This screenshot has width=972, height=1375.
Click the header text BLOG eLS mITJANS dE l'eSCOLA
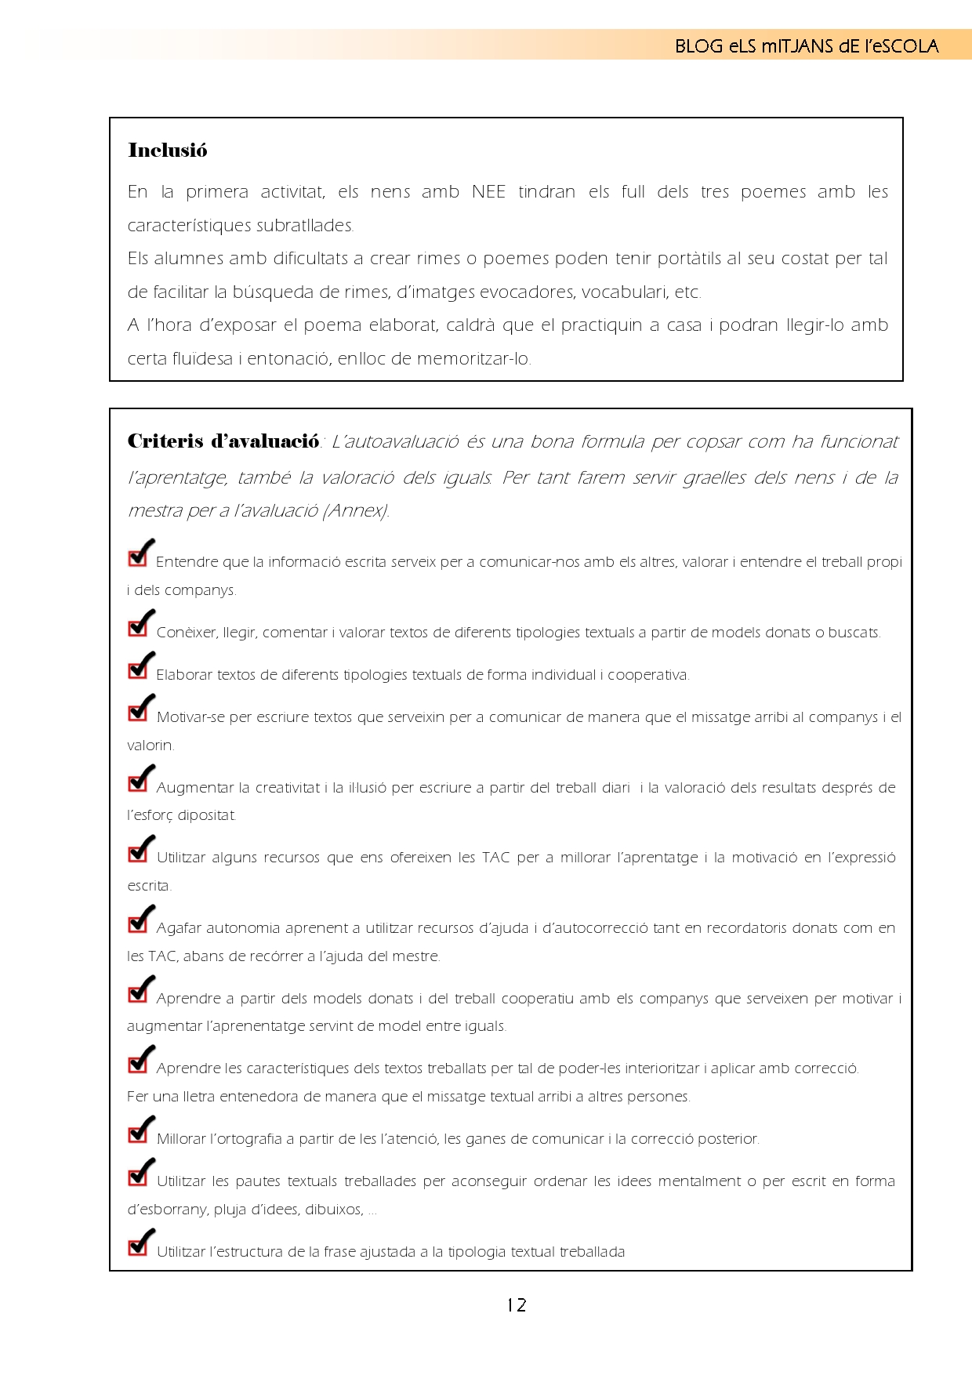click(806, 46)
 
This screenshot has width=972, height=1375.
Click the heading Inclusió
click(167, 151)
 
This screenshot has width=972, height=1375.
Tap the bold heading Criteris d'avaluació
click(223, 441)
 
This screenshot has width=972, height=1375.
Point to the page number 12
click(516, 1305)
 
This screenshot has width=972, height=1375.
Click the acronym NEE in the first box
click(488, 192)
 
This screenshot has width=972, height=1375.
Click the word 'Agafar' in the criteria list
click(178, 928)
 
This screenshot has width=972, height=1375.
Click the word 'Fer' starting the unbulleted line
click(137, 1097)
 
